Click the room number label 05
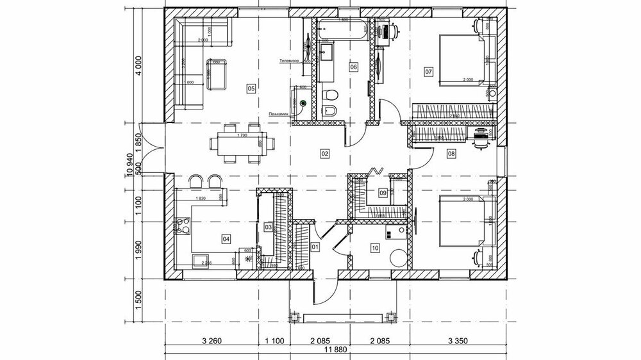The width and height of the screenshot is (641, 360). point(251,88)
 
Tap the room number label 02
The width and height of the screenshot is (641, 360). point(324,154)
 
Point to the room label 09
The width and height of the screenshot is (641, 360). point(383,192)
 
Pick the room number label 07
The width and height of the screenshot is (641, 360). point(428,72)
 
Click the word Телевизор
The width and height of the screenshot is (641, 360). point(290,61)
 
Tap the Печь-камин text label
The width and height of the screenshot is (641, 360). point(279,115)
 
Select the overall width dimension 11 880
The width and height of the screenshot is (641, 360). point(335,350)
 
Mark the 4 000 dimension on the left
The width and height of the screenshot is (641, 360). point(136,66)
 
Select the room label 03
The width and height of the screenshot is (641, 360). point(269,227)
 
